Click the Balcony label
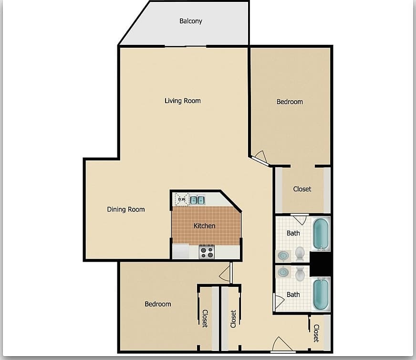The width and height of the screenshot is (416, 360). pos(191,21)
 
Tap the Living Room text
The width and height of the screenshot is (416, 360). pos(183,101)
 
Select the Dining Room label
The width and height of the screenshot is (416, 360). pos(125,209)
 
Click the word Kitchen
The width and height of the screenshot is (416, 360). pos(204,226)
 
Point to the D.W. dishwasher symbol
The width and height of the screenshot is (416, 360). pos(182,199)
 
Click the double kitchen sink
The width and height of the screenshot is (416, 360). pos(198,200)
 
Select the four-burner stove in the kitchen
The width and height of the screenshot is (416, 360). pos(207,252)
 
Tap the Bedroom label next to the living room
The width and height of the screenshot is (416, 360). pos(290,102)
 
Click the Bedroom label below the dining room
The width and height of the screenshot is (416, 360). pos(157,304)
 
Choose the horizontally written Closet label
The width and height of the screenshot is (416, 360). pos(302,189)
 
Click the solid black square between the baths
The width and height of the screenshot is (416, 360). pos(320,264)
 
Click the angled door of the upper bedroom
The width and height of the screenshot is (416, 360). pos(260,159)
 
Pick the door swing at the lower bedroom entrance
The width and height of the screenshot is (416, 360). pos(225,274)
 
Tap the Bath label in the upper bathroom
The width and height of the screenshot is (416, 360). pos(293,233)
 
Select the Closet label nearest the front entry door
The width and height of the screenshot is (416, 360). pos(316,333)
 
